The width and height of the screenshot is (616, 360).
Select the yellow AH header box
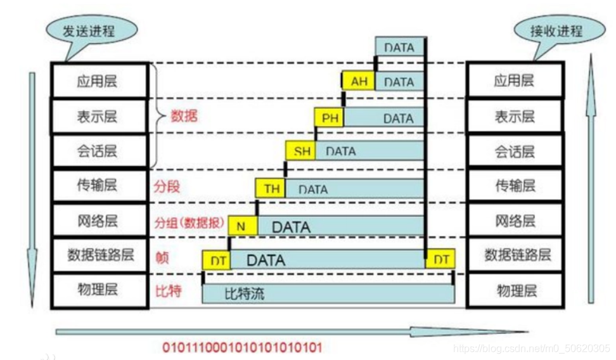[359, 82]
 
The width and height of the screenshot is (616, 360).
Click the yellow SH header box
[302, 151]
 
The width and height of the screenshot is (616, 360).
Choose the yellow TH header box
[272, 188]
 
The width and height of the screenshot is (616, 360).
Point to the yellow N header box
[242, 226]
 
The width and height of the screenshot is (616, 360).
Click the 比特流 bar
[328, 294]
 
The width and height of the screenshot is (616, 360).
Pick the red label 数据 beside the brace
[184, 117]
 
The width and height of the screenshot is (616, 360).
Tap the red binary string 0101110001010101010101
[243, 347]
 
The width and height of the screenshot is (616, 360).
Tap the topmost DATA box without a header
[399, 48]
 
